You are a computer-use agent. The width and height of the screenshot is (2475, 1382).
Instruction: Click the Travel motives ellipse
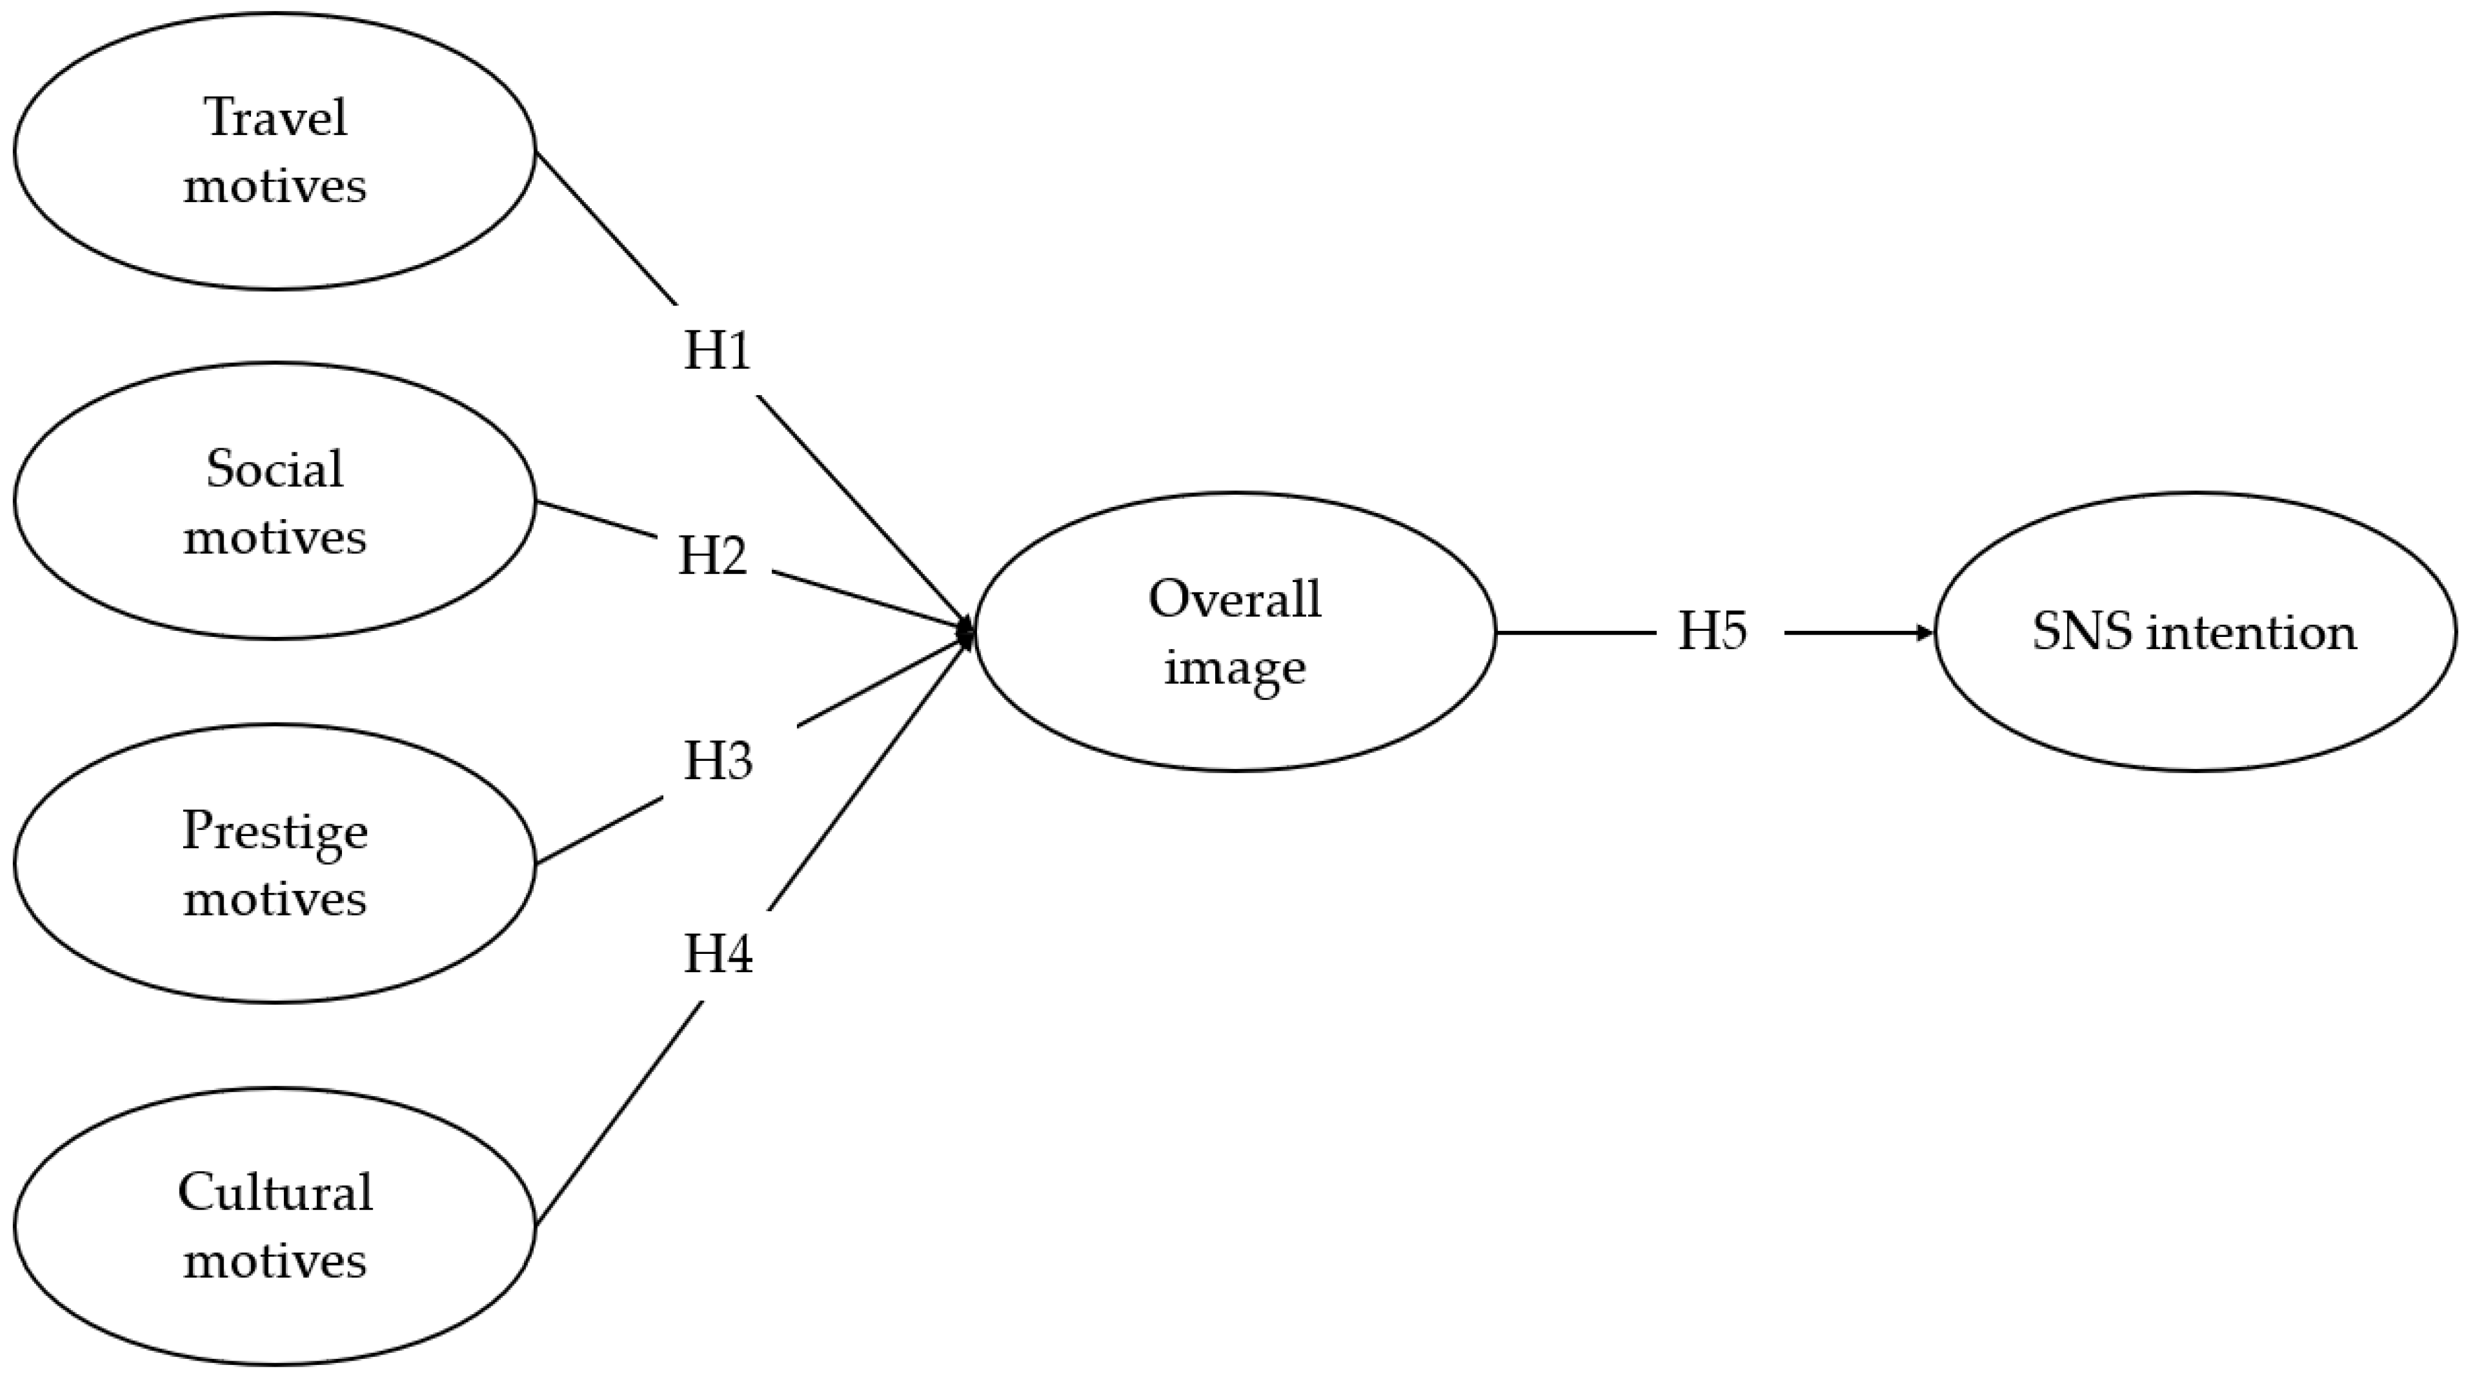pos(275,151)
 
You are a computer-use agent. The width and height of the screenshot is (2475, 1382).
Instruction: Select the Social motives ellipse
pos(275,501)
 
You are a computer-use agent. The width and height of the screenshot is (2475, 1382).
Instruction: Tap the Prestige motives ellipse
pos(275,863)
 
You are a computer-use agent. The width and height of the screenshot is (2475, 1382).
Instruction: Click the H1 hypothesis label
pos(717,351)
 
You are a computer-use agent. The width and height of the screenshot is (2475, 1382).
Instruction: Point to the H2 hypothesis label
pos(713,556)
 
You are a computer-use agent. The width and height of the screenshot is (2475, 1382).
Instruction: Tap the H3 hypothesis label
pos(718,761)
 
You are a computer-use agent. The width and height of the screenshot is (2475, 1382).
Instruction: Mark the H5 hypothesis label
pos(1712,631)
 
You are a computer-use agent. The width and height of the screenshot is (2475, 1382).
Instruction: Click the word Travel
pos(276,118)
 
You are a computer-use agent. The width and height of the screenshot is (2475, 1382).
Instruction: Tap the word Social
pos(275,469)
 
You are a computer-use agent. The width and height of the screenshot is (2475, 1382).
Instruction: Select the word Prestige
pos(275,831)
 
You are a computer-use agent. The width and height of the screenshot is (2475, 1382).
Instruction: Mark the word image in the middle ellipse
pos(1235,667)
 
